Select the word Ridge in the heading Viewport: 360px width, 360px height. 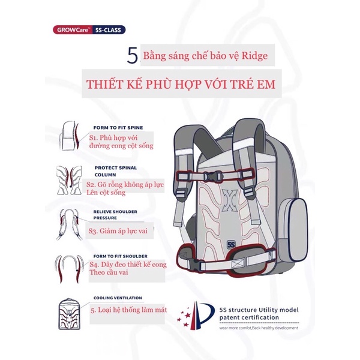(263, 58)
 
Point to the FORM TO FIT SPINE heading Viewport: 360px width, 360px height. (118, 128)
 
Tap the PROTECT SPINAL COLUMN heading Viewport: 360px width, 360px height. (116, 171)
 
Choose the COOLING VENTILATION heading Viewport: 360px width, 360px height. (118, 298)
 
